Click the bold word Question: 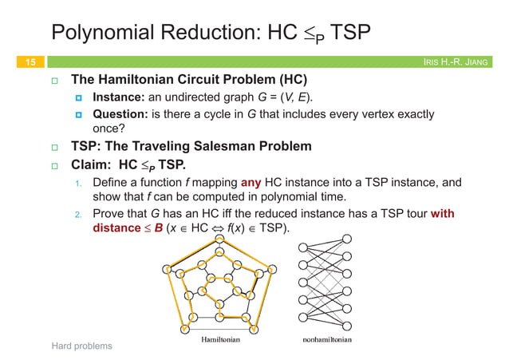coord(120,114)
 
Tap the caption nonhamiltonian coord(326,338)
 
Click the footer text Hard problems coord(81,346)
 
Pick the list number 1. coord(78,184)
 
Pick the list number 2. coord(78,215)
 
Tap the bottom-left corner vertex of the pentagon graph coord(184,329)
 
